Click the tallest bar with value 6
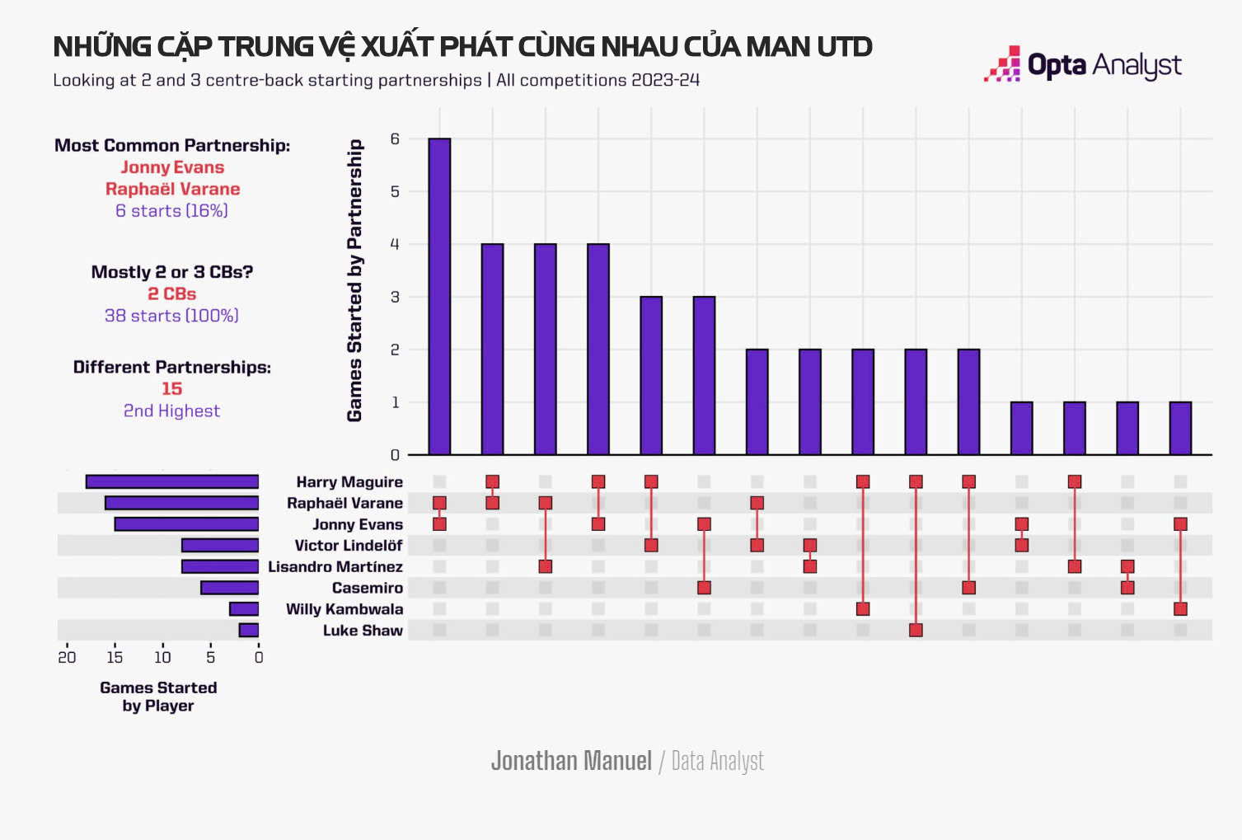click(x=439, y=297)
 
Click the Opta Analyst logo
click(x=1082, y=64)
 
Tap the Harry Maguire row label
click(x=349, y=482)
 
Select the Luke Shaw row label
click(x=363, y=631)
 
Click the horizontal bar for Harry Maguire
click(x=172, y=482)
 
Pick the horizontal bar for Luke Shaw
click(x=249, y=631)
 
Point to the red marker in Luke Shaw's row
click(x=916, y=631)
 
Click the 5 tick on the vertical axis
click(x=395, y=191)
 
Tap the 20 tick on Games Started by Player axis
click(x=67, y=657)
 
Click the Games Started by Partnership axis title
click(x=354, y=280)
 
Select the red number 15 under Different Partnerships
click(x=171, y=389)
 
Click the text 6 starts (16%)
click(x=171, y=211)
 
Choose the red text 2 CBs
click(x=171, y=294)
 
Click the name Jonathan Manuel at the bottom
click(x=571, y=760)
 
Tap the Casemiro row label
click(x=367, y=588)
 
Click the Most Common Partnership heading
click(x=172, y=146)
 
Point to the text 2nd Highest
click(x=171, y=411)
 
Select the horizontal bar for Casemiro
click(x=230, y=588)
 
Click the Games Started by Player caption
click(x=158, y=697)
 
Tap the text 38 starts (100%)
click(x=171, y=316)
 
